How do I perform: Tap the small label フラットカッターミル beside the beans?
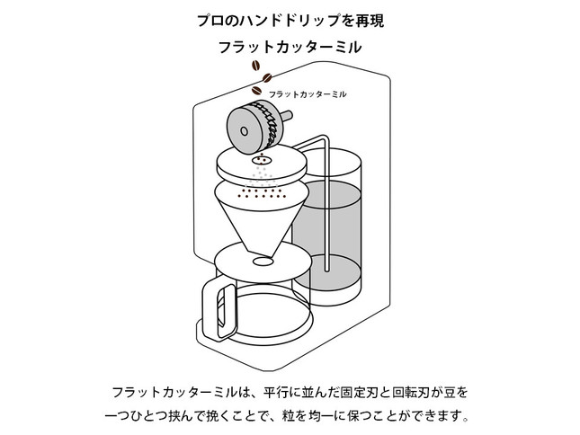[x=308, y=93]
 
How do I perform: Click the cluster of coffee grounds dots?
[x=260, y=191]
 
